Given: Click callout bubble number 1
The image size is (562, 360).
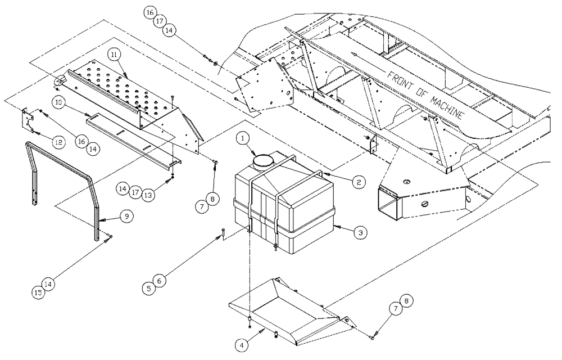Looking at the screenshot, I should (x=242, y=137).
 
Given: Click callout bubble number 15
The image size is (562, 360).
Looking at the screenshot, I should (x=38, y=292).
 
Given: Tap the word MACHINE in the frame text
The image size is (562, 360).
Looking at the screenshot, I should (x=444, y=106).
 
